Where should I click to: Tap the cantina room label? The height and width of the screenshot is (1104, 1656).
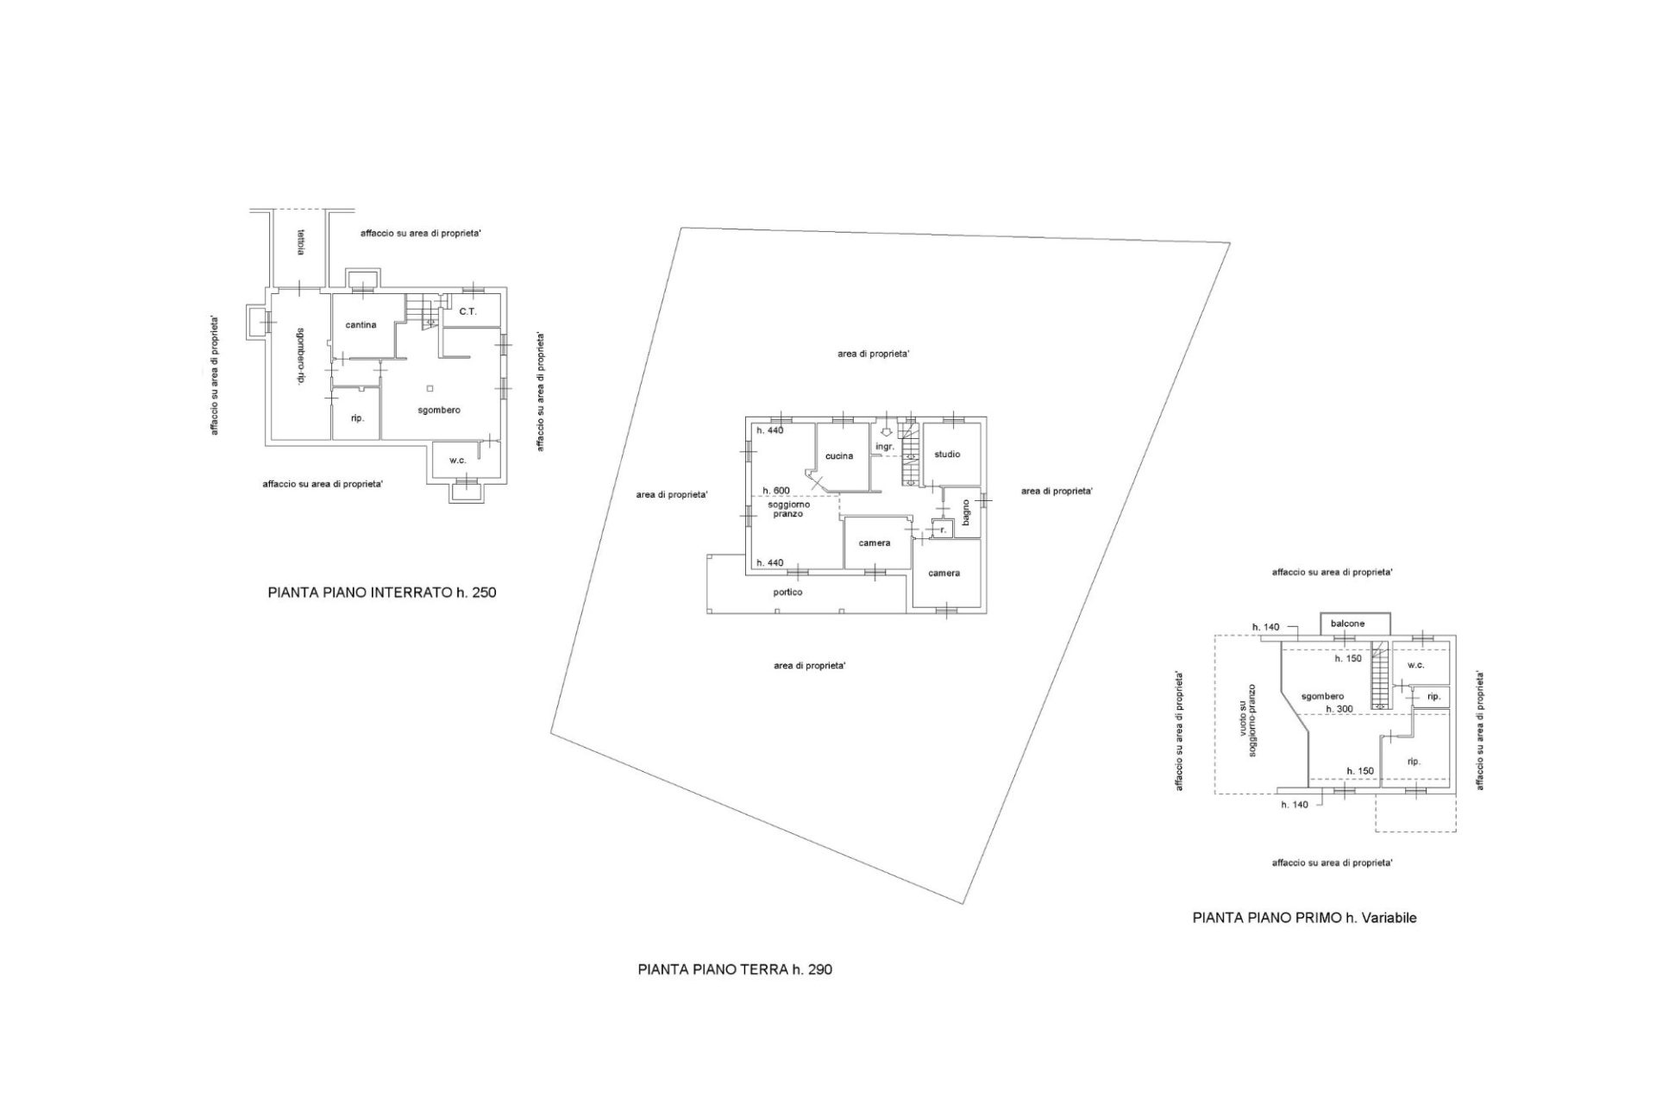(x=361, y=325)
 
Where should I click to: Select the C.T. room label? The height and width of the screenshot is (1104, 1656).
(x=467, y=311)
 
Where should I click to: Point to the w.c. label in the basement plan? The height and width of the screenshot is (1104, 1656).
(x=457, y=461)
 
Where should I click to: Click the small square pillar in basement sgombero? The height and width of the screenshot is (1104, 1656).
(x=430, y=389)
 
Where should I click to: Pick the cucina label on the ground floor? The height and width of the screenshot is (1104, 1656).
(x=839, y=456)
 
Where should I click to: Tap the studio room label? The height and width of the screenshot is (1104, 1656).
(x=947, y=455)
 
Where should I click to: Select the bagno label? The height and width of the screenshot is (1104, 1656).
(x=967, y=512)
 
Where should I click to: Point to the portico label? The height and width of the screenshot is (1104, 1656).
(x=787, y=593)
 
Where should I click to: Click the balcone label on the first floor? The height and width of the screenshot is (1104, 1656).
(x=1347, y=624)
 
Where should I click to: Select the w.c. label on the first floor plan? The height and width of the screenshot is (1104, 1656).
(x=1415, y=665)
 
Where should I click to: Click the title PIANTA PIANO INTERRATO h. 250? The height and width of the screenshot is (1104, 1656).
(x=382, y=593)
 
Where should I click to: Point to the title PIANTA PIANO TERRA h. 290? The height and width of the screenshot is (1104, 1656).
(x=735, y=969)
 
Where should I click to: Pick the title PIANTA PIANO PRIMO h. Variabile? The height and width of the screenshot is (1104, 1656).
(x=1304, y=918)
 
